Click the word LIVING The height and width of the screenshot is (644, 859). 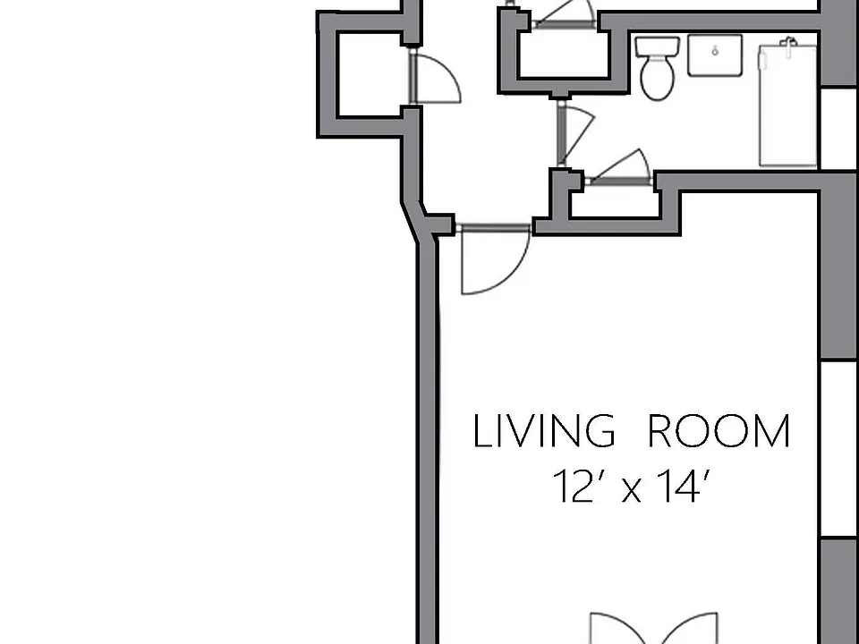coord(544,431)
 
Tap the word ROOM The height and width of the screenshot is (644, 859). coord(719,431)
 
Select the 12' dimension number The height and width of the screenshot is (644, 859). coord(574,487)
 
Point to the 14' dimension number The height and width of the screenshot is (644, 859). coord(684,487)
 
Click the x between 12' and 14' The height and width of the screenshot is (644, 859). coord(631,491)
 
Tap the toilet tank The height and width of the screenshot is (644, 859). coord(658,46)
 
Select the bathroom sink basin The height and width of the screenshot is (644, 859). coord(715,55)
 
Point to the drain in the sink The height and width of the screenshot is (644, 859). coord(715,52)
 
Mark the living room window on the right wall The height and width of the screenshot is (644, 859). coord(839,449)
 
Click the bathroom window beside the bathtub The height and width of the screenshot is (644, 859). coord(839,128)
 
